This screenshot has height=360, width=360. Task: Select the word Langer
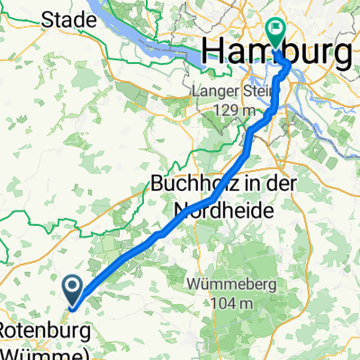pos(215,91)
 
